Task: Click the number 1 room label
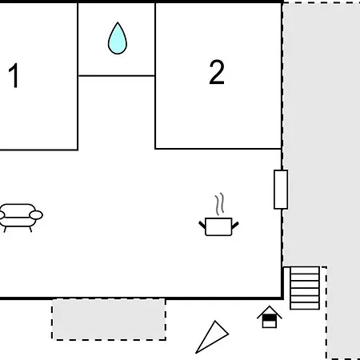[14, 75]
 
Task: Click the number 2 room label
[217, 72]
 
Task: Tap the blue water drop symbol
[118, 38]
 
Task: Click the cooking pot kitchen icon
[218, 226]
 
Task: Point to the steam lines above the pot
[219, 204]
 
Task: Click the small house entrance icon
[270, 317]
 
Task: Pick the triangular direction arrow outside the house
[212, 337]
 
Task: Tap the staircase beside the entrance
[305, 288]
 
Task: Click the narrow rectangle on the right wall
[281, 190]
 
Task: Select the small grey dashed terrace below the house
[109, 319]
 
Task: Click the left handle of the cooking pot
[202, 225]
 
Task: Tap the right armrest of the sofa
[36, 215]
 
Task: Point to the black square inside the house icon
[270, 318]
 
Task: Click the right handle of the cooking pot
[235, 225]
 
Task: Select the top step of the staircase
[305, 270]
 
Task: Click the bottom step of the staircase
[305, 306]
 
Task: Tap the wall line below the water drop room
[117, 76]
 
